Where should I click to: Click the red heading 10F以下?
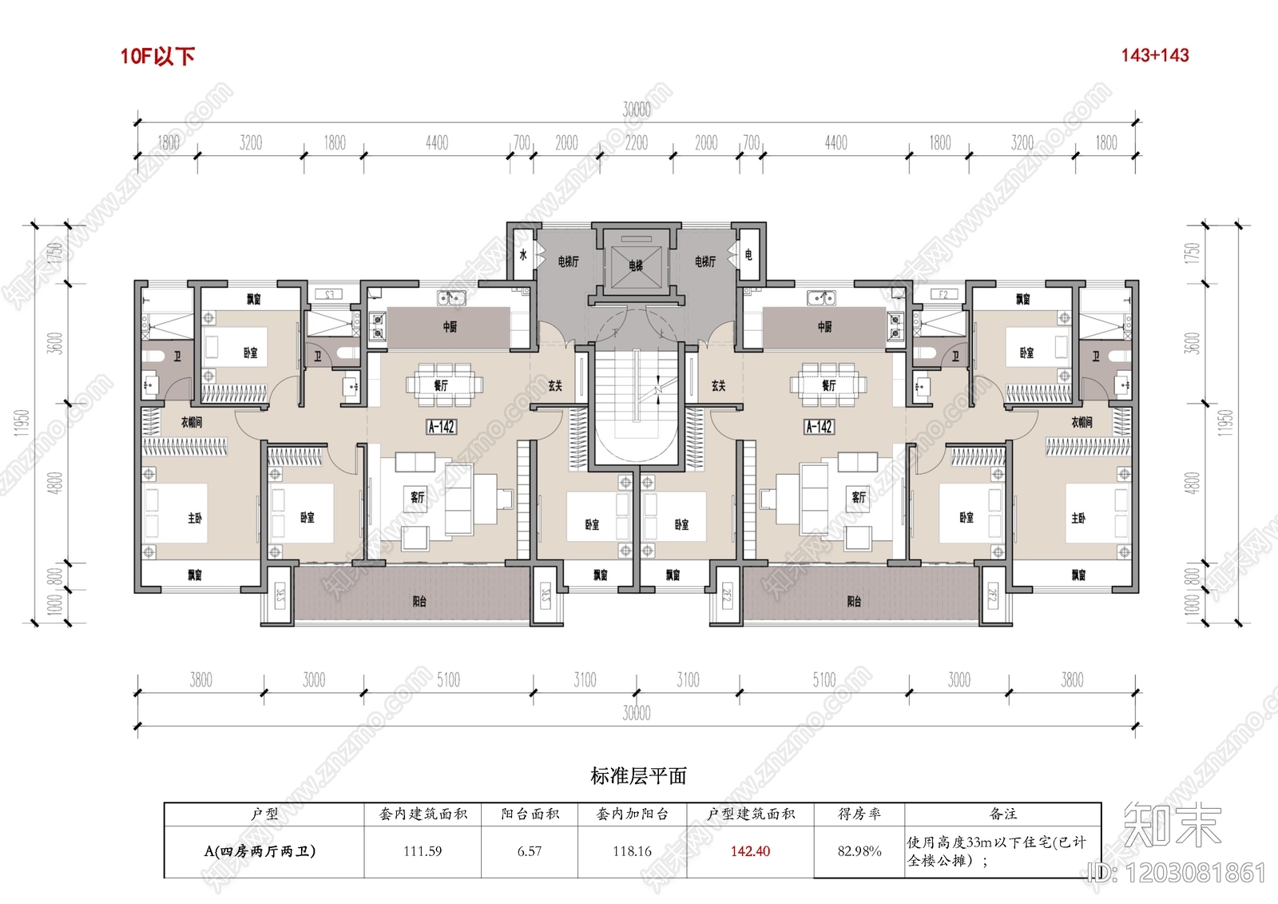tap(157, 56)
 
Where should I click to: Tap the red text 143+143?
tap(1154, 55)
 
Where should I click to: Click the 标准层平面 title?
tap(638, 775)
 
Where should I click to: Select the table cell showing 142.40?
tap(750, 851)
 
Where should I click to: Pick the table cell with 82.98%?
tap(859, 851)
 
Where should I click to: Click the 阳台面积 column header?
tap(530, 814)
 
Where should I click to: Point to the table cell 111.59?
tap(423, 851)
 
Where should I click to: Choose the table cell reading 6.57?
tap(529, 851)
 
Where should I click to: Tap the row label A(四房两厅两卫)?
tap(260, 851)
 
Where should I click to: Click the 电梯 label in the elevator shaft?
tap(636, 265)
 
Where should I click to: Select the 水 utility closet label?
tap(523, 255)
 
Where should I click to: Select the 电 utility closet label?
tap(748, 255)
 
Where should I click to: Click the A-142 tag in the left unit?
tap(441, 427)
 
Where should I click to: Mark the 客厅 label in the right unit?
tap(859, 497)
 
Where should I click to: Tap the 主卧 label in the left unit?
tap(194, 518)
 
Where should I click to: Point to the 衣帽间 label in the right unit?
tap(1082, 422)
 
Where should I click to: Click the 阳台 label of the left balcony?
tap(419, 601)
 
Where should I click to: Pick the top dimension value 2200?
tap(637, 143)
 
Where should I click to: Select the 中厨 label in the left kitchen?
tap(450, 326)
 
